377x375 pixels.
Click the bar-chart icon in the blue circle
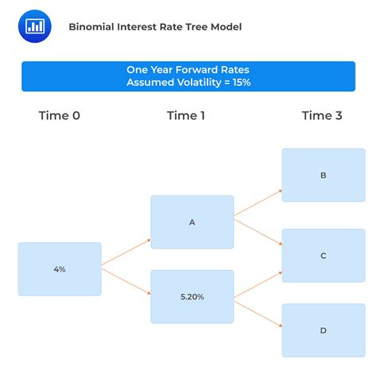pos(35,26)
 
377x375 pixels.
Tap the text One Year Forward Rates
pos(188,69)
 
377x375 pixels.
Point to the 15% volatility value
pos(239,82)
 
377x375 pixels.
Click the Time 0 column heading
pos(60,115)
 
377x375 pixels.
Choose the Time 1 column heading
pos(186,115)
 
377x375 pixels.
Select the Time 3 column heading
pos(322,115)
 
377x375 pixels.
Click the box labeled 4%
pos(60,270)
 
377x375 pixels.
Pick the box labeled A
pos(192,223)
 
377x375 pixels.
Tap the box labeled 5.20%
pos(192,297)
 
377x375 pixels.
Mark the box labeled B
pos(323,174)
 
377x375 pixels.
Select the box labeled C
pos(323,256)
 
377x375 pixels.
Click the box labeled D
pos(323,330)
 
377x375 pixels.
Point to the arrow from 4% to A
pos(126,251)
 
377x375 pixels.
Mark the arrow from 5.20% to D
pos(258,311)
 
